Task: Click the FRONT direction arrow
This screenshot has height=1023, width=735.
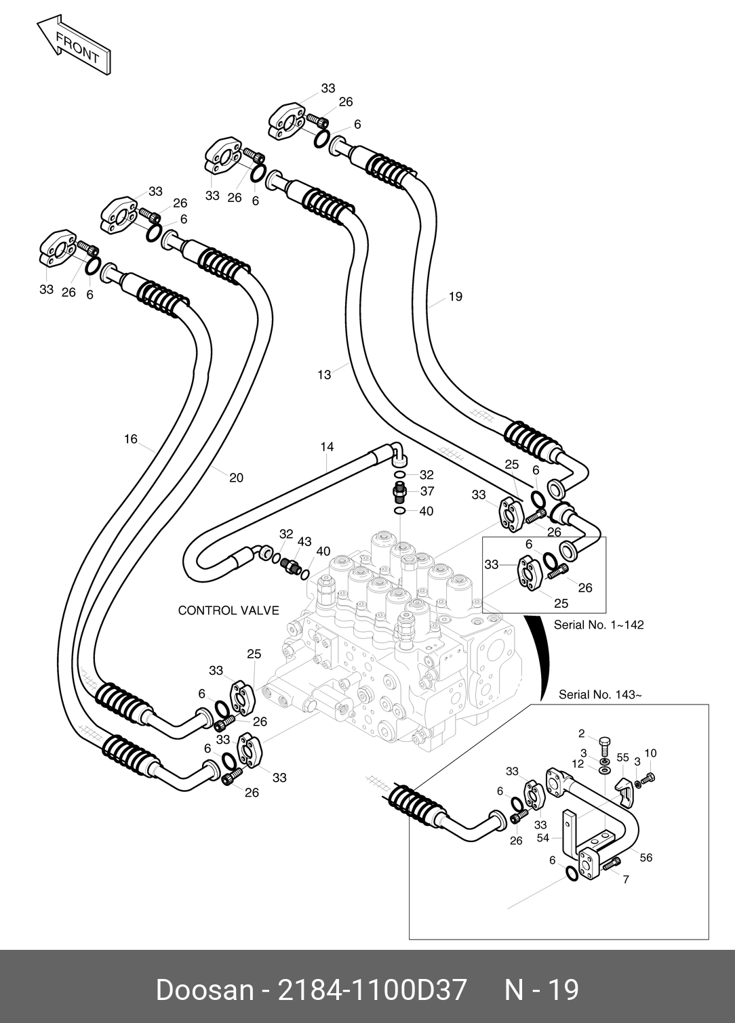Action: (73, 46)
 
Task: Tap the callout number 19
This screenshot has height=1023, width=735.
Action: (455, 296)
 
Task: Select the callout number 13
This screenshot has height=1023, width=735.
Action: (324, 374)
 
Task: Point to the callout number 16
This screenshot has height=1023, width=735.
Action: (131, 439)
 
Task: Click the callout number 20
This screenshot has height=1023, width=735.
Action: (236, 478)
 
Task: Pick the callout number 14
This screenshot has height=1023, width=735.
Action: (327, 446)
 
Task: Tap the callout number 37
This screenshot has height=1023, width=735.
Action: (426, 491)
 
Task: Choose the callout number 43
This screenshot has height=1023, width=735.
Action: (304, 541)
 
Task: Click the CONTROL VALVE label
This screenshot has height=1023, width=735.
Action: (228, 610)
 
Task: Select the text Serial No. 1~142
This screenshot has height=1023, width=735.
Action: (598, 625)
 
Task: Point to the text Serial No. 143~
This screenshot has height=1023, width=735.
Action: (599, 694)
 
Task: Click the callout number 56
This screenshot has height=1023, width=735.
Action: (645, 858)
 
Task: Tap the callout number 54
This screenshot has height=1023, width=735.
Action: (542, 838)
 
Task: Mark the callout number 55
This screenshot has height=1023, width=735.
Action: (622, 758)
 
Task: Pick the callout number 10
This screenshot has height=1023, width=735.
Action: (650, 753)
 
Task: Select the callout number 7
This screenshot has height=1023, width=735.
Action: (625, 880)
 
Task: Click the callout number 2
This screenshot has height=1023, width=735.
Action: (581, 733)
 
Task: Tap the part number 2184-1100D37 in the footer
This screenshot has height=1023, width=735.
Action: (369, 990)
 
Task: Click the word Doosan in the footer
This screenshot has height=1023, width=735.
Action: (204, 990)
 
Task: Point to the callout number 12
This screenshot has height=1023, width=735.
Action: (577, 764)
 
